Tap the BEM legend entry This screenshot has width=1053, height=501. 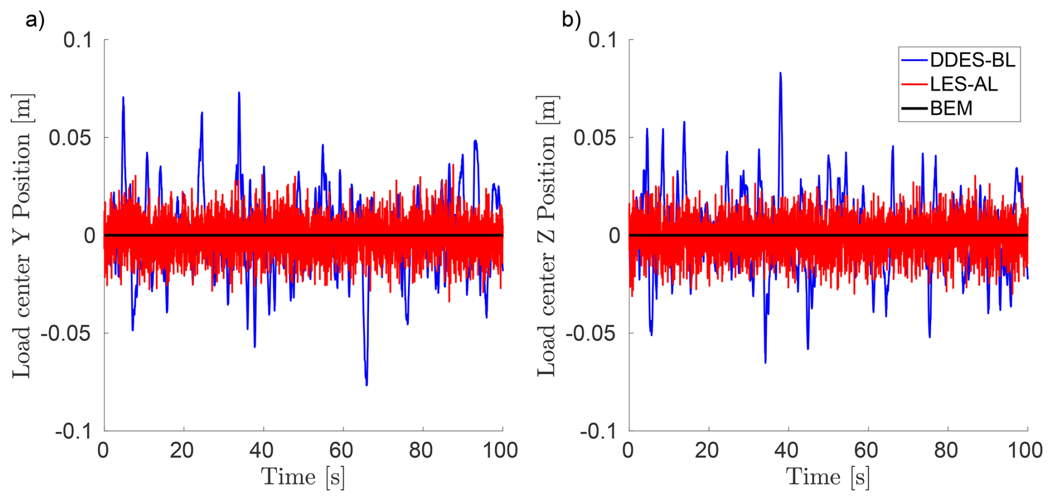click(951, 108)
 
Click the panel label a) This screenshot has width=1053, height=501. click(35, 20)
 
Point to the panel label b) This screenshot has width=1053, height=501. click(571, 20)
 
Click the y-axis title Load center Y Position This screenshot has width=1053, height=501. click(22, 236)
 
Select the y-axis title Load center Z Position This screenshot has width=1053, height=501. click(547, 236)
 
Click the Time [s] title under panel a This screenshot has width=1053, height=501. click(303, 477)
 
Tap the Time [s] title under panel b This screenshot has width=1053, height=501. click(828, 477)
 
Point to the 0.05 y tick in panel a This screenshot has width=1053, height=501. click(70, 138)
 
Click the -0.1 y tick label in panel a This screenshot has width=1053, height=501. click(73, 431)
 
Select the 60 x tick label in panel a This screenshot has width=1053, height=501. click(341, 450)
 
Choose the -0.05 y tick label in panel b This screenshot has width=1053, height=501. click(591, 333)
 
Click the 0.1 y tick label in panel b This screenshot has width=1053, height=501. click(603, 40)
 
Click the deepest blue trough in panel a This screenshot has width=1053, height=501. click(366, 385)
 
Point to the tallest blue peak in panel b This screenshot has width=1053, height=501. click(780, 73)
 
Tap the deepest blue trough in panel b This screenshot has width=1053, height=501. click(765, 362)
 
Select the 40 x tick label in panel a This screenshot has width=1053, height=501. click(262, 450)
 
